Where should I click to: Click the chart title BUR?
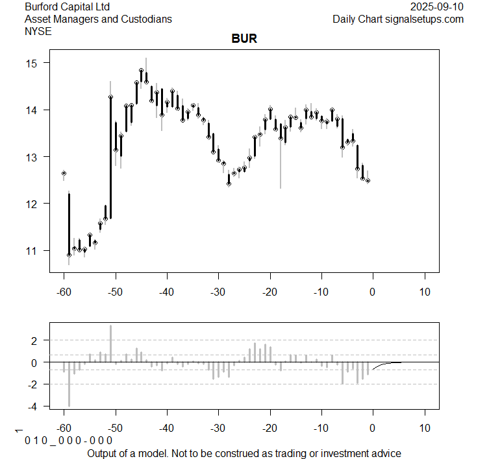point(244,39)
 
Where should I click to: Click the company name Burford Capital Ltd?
point(67,6)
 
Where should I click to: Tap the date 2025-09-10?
point(437,6)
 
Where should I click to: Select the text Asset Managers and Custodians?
point(98,19)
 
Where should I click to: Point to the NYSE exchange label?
point(38,30)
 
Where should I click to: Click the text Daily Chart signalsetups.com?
point(398,19)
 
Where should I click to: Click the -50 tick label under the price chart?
point(115,292)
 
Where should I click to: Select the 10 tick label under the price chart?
point(424,292)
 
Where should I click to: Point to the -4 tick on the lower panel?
point(34,406)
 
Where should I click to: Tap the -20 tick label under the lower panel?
point(269,429)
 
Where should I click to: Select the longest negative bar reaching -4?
point(69,384)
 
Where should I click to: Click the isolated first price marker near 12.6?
point(64,173)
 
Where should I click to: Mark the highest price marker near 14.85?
point(141,70)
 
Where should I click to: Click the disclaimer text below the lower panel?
point(244,453)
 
